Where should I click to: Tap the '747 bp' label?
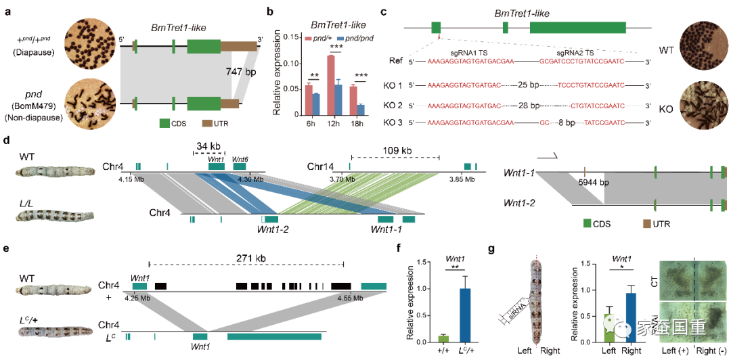click(x=238, y=71)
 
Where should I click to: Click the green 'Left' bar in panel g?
click(x=610, y=328)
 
